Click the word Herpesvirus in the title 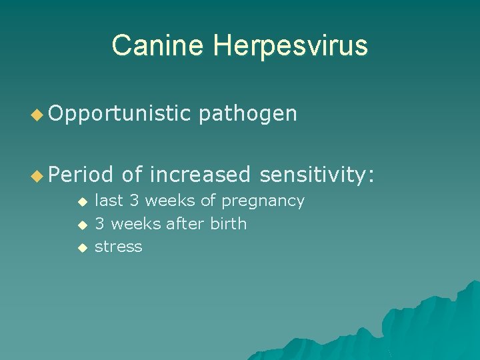tap(291, 46)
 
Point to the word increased tap(200, 175)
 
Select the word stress tap(119, 246)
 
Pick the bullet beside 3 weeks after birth tap(81, 225)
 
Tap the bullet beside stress tap(81, 247)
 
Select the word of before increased tap(132, 175)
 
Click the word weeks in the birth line tap(134, 223)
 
